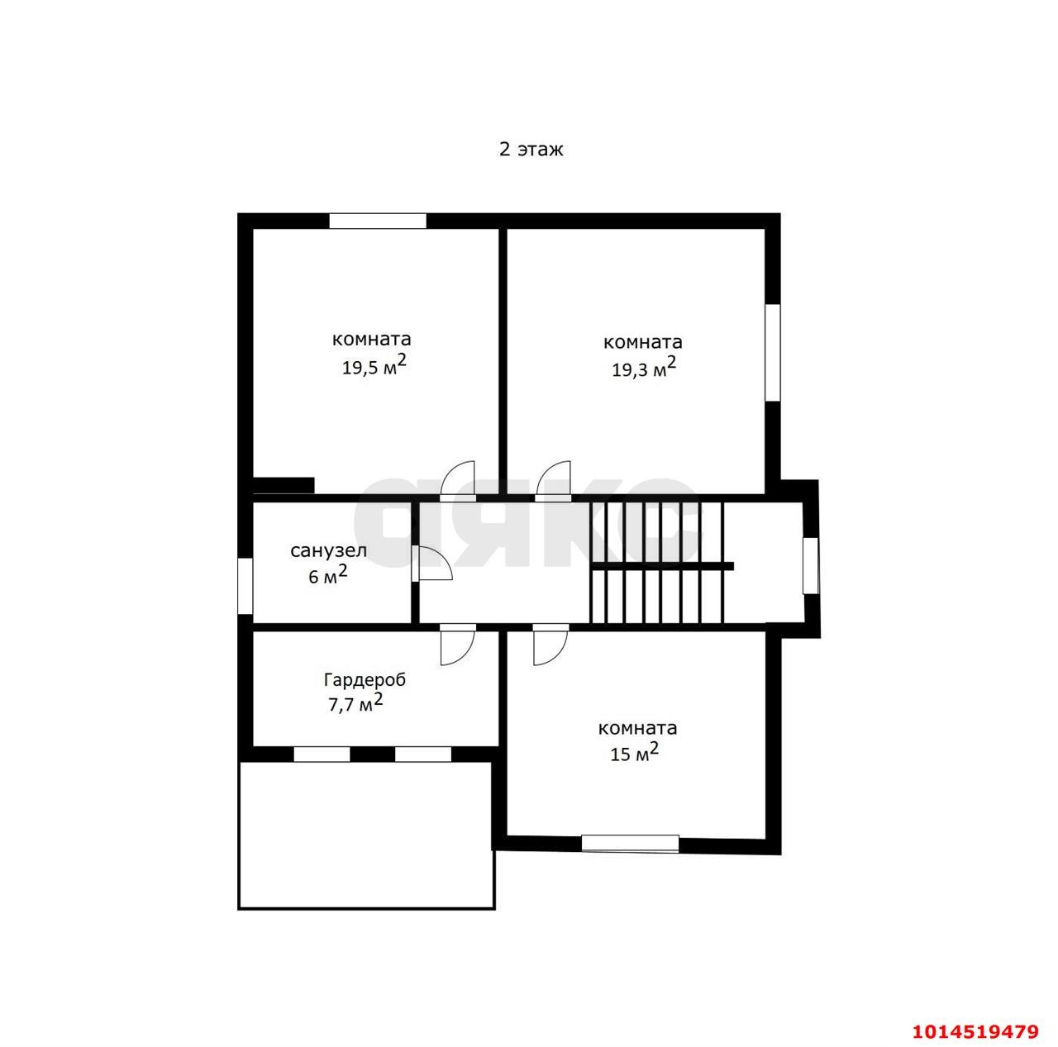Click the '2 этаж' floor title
[x=531, y=150]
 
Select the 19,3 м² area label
[x=643, y=367]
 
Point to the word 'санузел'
[x=328, y=550]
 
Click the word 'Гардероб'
[x=365, y=680]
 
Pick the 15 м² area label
[x=634, y=752]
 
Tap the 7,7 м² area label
[x=355, y=702]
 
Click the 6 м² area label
[x=328, y=574]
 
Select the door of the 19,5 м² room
[x=457, y=481]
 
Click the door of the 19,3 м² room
[x=554, y=481]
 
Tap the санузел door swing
[x=431, y=563]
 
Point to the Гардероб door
[x=457, y=644]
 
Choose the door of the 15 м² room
[x=550, y=644]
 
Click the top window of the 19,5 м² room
[x=377, y=221]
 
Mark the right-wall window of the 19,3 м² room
[x=773, y=353]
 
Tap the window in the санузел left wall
[x=245, y=586]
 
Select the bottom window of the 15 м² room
[x=630, y=843]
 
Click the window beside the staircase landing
[x=810, y=565]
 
